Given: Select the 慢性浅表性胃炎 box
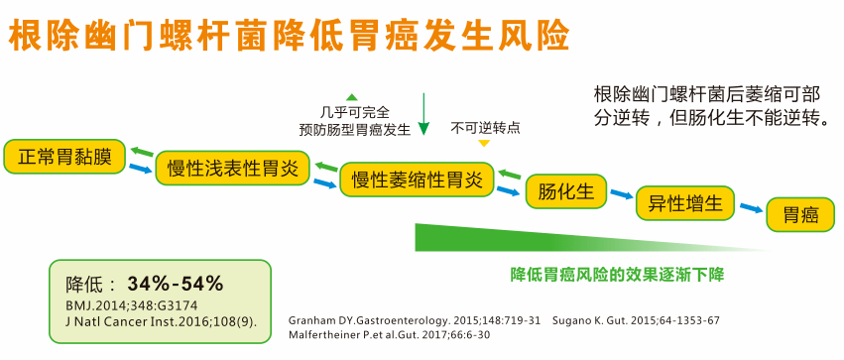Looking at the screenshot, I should click(232, 167).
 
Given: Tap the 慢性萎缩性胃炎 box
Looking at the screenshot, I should click(417, 180).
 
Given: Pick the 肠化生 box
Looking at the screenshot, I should click(564, 189).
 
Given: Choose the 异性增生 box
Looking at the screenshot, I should click(685, 203).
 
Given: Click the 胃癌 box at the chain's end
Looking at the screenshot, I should click(800, 215).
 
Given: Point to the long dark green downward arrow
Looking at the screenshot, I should click(423, 113).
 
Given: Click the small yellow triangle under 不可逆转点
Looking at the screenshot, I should click(484, 144).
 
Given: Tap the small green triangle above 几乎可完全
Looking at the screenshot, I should click(351, 96).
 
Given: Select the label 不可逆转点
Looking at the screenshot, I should click(485, 128).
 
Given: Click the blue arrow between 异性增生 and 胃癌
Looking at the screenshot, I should click(752, 209).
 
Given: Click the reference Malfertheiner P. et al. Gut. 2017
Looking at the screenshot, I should click(389, 335).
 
